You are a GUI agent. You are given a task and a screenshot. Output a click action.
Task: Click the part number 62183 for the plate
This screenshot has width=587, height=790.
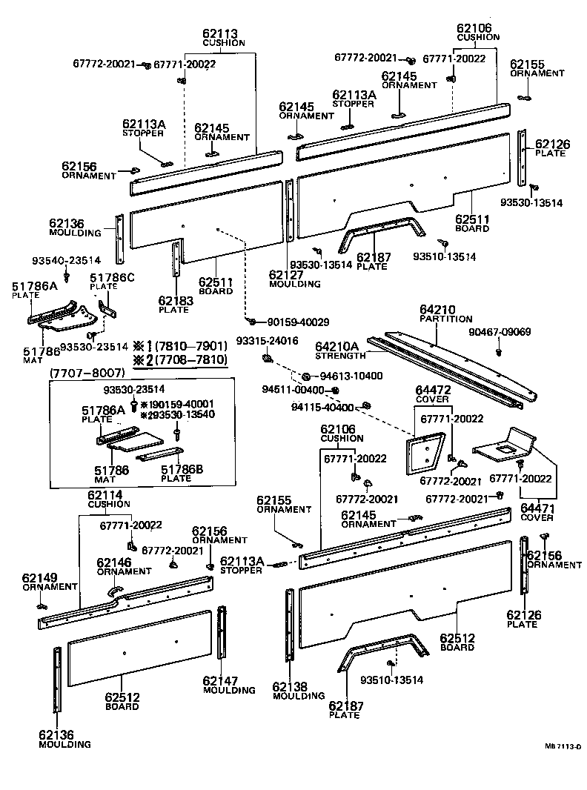tap(176, 301)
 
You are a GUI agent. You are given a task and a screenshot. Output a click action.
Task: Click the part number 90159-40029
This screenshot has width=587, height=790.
tap(293, 322)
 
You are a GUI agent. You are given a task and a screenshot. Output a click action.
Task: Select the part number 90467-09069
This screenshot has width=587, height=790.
tap(500, 332)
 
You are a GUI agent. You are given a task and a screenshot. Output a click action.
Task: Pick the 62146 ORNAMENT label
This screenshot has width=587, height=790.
tap(123, 566)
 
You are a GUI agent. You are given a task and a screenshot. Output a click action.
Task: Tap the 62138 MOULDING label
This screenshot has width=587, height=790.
tap(298, 691)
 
